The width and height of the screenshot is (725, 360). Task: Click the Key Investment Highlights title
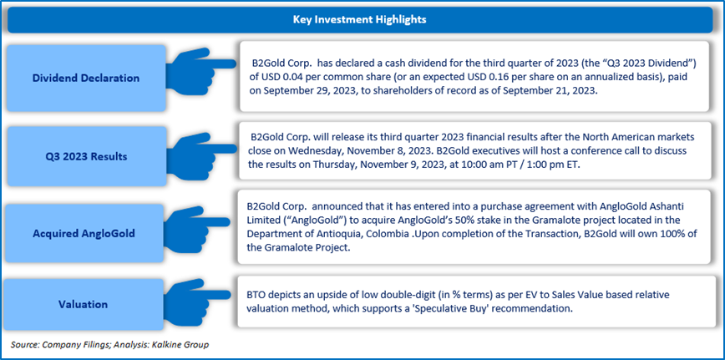tap(359, 20)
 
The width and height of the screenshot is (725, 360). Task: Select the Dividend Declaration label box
tap(86, 79)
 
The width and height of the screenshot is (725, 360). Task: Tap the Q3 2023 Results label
tap(86, 157)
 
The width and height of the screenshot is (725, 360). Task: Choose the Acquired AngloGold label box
tap(86, 233)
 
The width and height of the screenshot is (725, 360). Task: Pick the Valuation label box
tap(86, 305)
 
